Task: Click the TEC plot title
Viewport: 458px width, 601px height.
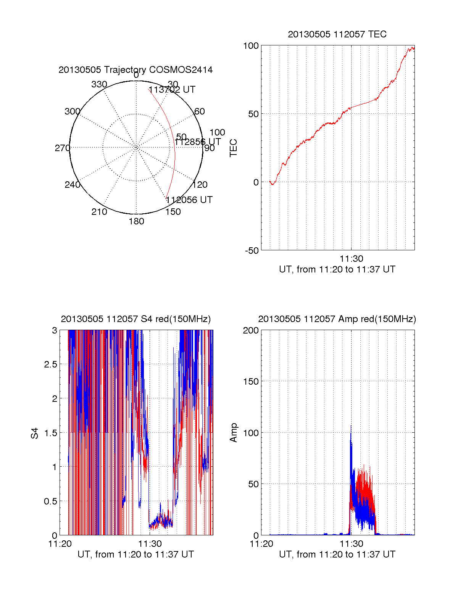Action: pos(337,34)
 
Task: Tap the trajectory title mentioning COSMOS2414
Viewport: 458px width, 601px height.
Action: pos(135,70)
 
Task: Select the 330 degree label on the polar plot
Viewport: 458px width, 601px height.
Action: pos(99,84)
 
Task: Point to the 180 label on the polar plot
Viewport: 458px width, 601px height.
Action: pos(136,221)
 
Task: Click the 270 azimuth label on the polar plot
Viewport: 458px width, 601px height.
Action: pos(62,148)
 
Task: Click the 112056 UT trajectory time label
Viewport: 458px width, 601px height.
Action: pos(189,200)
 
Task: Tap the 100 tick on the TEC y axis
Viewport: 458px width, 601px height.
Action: pos(251,46)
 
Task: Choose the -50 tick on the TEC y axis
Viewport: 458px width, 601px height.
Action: pos(252,251)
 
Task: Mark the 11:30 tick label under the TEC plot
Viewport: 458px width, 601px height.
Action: pos(351,259)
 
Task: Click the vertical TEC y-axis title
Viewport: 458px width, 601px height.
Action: pos(233,148)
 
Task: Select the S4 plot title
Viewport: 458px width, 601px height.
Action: pos(135,319)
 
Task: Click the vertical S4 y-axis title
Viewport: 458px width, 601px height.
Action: pos(35,433)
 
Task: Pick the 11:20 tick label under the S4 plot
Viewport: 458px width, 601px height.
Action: pos(60,544)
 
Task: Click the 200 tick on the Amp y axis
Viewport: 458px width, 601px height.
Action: pos(251,330)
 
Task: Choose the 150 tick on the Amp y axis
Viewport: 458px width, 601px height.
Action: pos(251,382)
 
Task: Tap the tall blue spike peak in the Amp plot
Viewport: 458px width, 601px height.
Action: pos(351,426)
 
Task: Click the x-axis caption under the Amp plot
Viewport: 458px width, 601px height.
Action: pos(337,554)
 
